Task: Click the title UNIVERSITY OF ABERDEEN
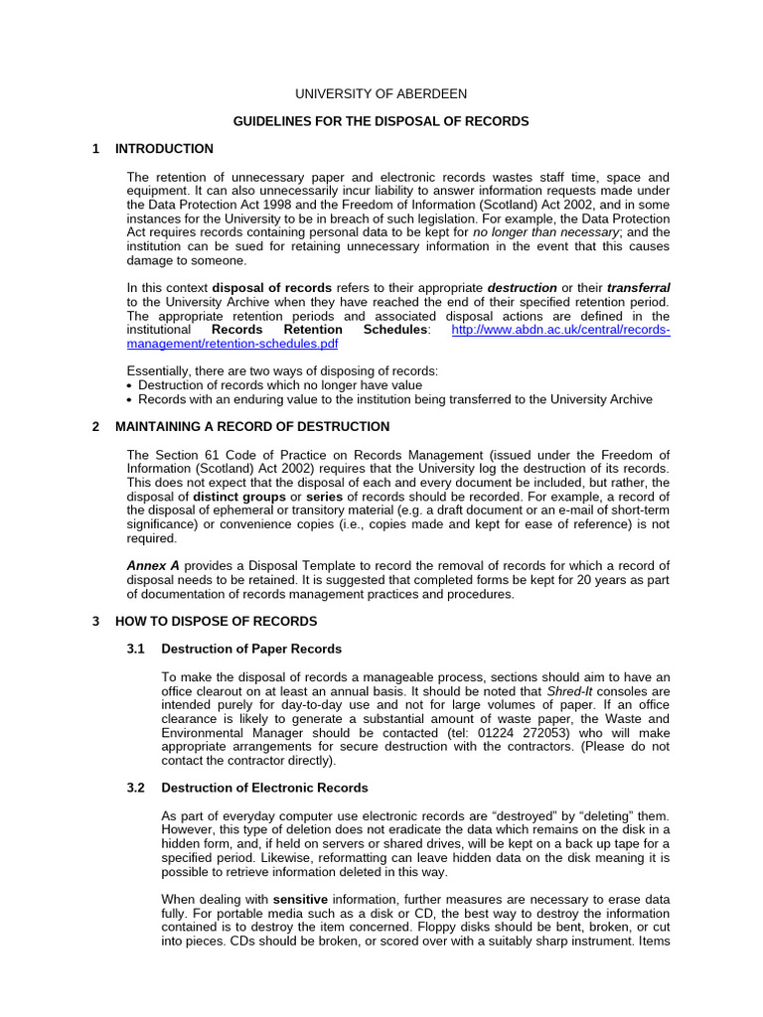[x=381, y=93]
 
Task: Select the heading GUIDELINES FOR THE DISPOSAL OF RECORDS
[x=381, y=121]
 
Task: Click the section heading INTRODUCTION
[x=164, y=149]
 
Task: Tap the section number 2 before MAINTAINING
[x=95, y=426]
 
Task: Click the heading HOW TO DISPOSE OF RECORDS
[x=216, y=621]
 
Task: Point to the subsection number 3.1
[x=136, y=649]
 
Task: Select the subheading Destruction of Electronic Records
[x=264, y=788]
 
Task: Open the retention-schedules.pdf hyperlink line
[x=232, y=343]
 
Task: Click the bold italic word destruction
[x=522, y=288]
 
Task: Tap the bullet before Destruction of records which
[x=131, y=385]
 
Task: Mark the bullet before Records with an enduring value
[x=131, y=399]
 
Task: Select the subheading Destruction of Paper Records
[x=251, y=649]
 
